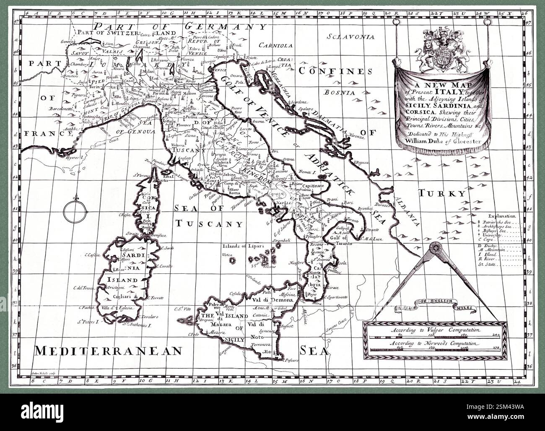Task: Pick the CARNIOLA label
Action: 275,45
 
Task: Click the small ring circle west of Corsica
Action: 76,209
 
